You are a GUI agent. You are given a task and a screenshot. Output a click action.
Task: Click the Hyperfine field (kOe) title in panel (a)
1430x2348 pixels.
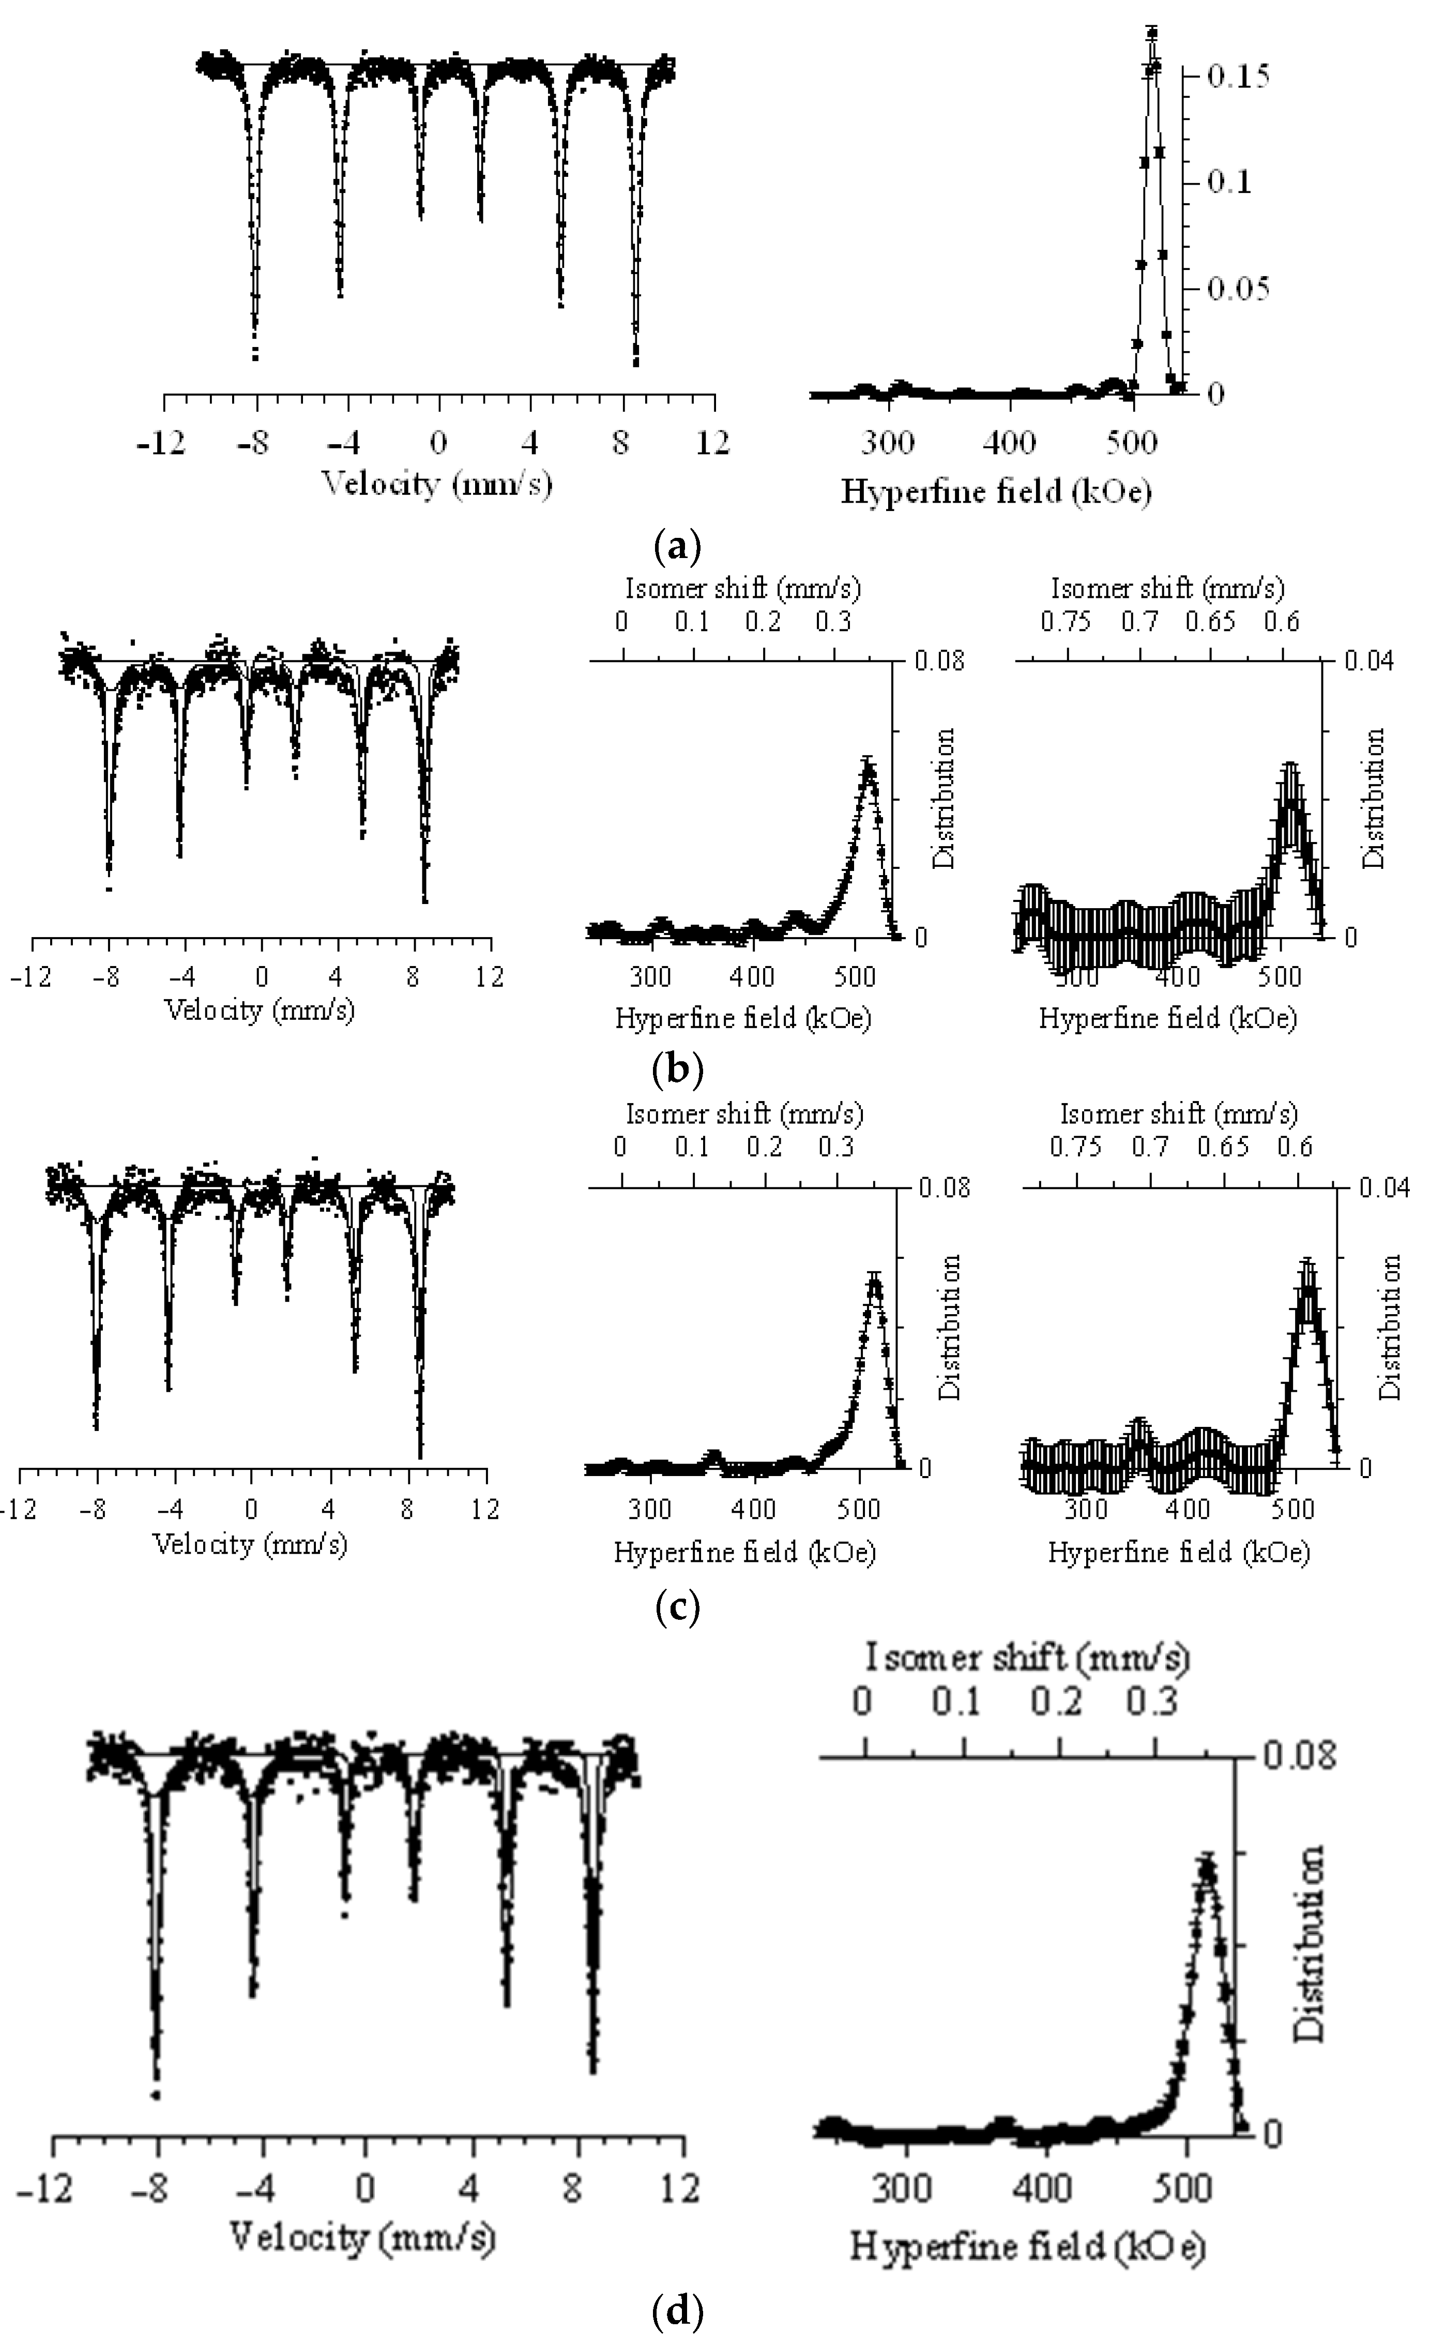coord(996,492)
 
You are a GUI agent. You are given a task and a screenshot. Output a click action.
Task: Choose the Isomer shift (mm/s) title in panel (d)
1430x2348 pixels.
coord(1028,1659)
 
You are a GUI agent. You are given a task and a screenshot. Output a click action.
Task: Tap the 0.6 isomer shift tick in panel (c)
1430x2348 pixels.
coord(1295,1147)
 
